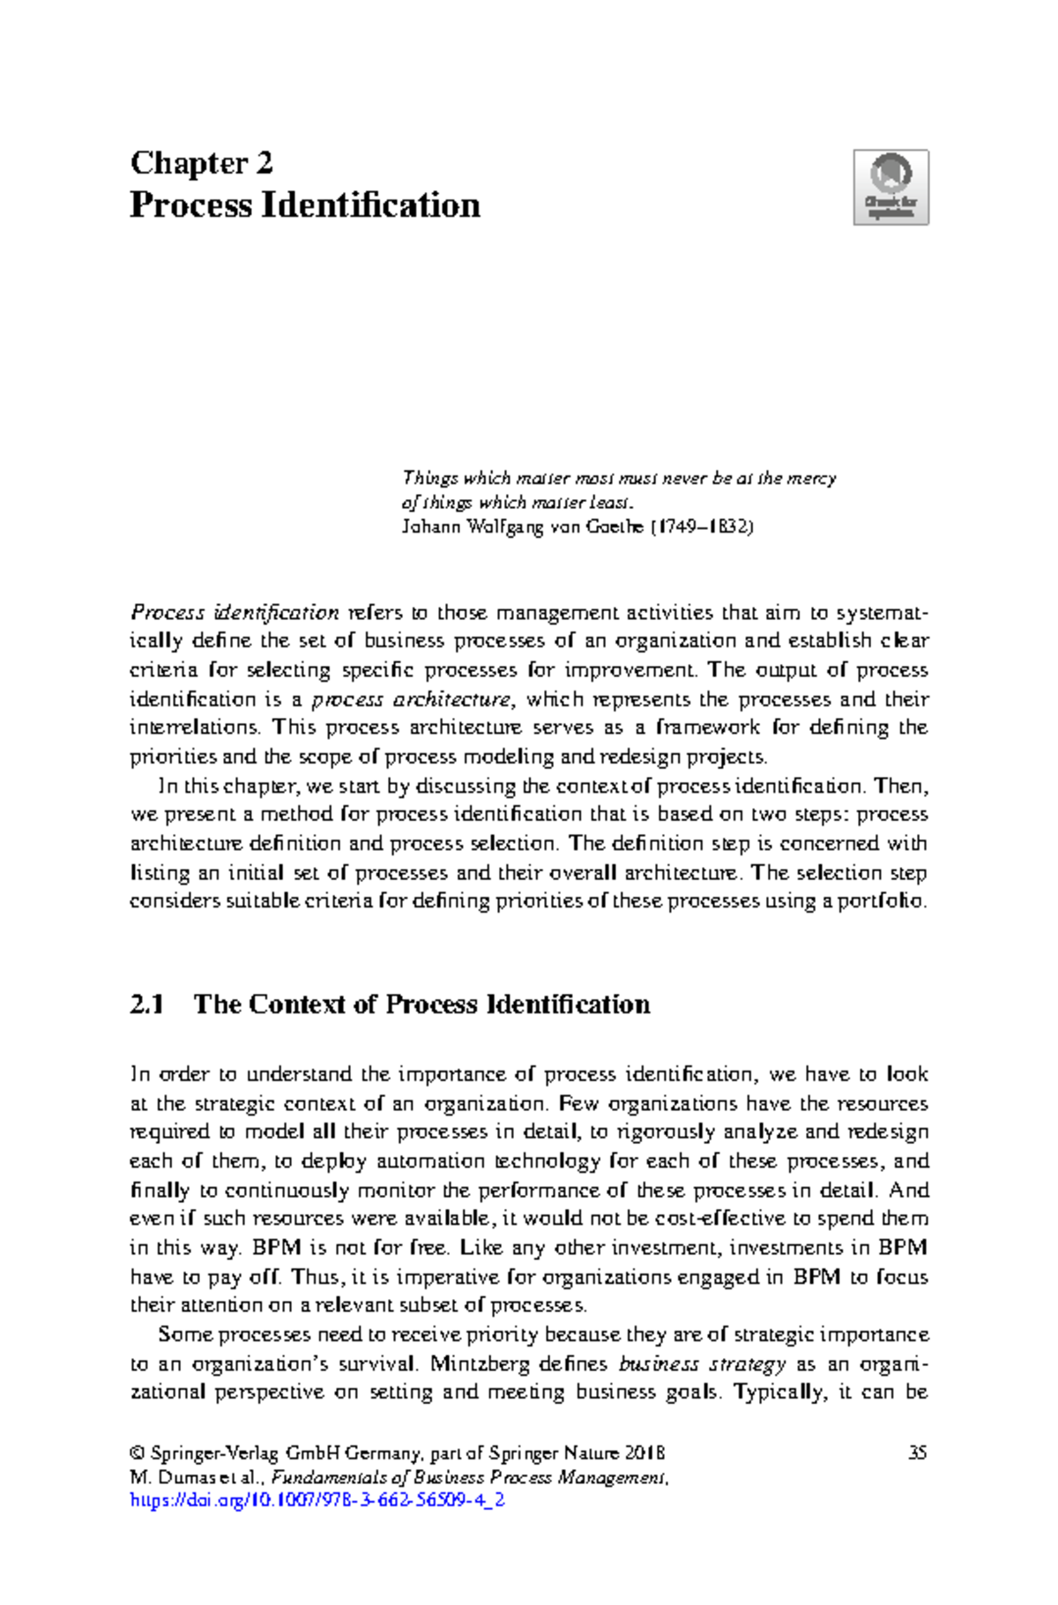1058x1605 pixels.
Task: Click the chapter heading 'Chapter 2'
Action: [x=201, y=163]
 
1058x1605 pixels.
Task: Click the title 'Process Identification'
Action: [x=305, y=205]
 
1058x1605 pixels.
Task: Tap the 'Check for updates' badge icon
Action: [x=890, y=187]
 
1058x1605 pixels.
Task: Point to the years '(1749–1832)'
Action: [x=703, y=527]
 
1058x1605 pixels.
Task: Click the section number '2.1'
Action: [x=146, y=1004]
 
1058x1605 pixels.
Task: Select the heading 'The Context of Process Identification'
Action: [x=421, y=1004]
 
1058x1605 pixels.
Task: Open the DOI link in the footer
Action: [x=317, y=1500]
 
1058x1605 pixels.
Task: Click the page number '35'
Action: [x=917, y=1452]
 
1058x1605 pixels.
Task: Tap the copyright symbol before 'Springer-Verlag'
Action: [x=137, y=1453]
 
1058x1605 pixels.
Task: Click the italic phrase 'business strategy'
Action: [x=702, y=1364]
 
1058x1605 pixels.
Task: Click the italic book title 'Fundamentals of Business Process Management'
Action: [x=469, y=1477]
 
